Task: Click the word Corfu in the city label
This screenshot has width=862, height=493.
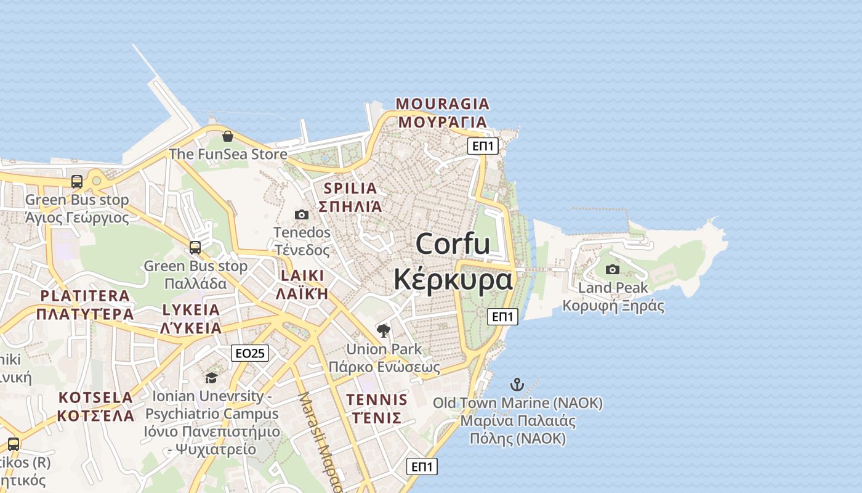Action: (x=453, y=243)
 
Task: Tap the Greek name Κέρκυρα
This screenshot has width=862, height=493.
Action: (x=453, y=279)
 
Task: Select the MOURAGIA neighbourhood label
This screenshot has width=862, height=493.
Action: (x=442, y=104)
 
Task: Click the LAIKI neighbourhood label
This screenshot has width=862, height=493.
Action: (x=302, y=275)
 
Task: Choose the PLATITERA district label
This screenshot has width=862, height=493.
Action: (x=85, y=296)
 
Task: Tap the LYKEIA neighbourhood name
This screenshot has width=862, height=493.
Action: (x=191, y=309)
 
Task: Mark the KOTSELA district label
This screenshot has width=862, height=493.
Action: (x=95, y=397)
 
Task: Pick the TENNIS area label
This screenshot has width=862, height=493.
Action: (x=376, y=399)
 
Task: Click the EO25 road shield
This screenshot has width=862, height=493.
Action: (x=250, y=353)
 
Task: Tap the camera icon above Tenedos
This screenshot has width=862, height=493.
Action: (x=301, y=214)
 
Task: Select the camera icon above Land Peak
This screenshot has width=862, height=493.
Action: (x=613, y=269)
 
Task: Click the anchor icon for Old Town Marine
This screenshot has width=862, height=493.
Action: (x=517, y=385)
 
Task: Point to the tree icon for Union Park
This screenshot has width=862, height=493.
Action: (x=384, y=331)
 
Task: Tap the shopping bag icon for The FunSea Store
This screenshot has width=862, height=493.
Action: (x=228, y=136)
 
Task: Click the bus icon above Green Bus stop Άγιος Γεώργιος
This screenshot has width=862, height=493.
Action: (x=77, y=182)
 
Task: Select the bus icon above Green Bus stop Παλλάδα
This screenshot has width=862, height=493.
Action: (x=195, y=248)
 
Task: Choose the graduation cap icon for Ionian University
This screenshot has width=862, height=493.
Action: (x=211, y=378)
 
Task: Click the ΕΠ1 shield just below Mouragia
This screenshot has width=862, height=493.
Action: (x=483, y=146)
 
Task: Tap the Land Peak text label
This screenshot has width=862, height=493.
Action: (x=613, y=288)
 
